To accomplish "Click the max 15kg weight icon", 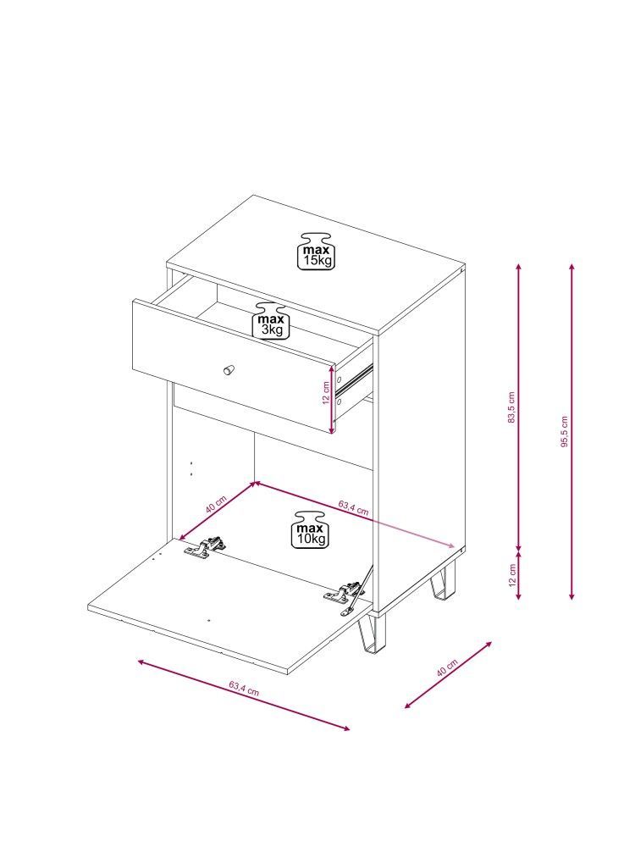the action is (x=317, y=252).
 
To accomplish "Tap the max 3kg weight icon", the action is (x=272, y=320).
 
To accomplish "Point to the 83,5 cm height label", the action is (x=512, y=407).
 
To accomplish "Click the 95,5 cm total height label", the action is (x=565, y=432).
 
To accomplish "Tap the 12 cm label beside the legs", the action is (x=513, y=575).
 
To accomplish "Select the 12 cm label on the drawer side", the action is (x=326, y=393).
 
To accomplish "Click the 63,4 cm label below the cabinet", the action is (x=244, y=688).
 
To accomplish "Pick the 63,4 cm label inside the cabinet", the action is (x=354, y=507).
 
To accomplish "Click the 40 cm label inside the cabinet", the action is (x=215, y=504).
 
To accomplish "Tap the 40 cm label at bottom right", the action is (x=447, y=667).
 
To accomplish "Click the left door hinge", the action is (x=204, y=546).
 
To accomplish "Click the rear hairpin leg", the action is (x=443, y=581).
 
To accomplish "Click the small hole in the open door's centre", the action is (x=209, y=621).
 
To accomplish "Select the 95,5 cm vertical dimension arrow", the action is (x=571, y=431).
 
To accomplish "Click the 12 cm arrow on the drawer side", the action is (x=333, y=398).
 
